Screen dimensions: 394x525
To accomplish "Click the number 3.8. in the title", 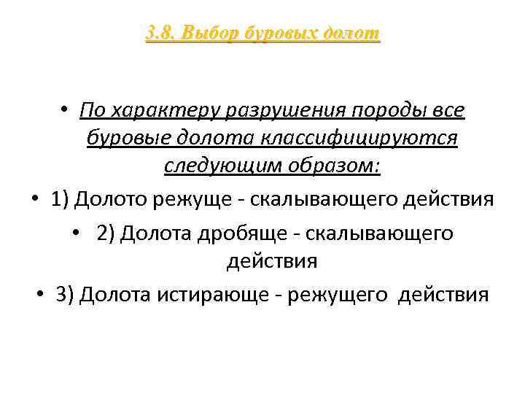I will [x=160, y=33].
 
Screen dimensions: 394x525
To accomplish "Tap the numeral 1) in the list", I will [x=61, y=198].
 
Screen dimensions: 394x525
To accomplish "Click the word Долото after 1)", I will [x=109, y=198].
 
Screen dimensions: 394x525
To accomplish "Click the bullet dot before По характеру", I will [x=65, y=110].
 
